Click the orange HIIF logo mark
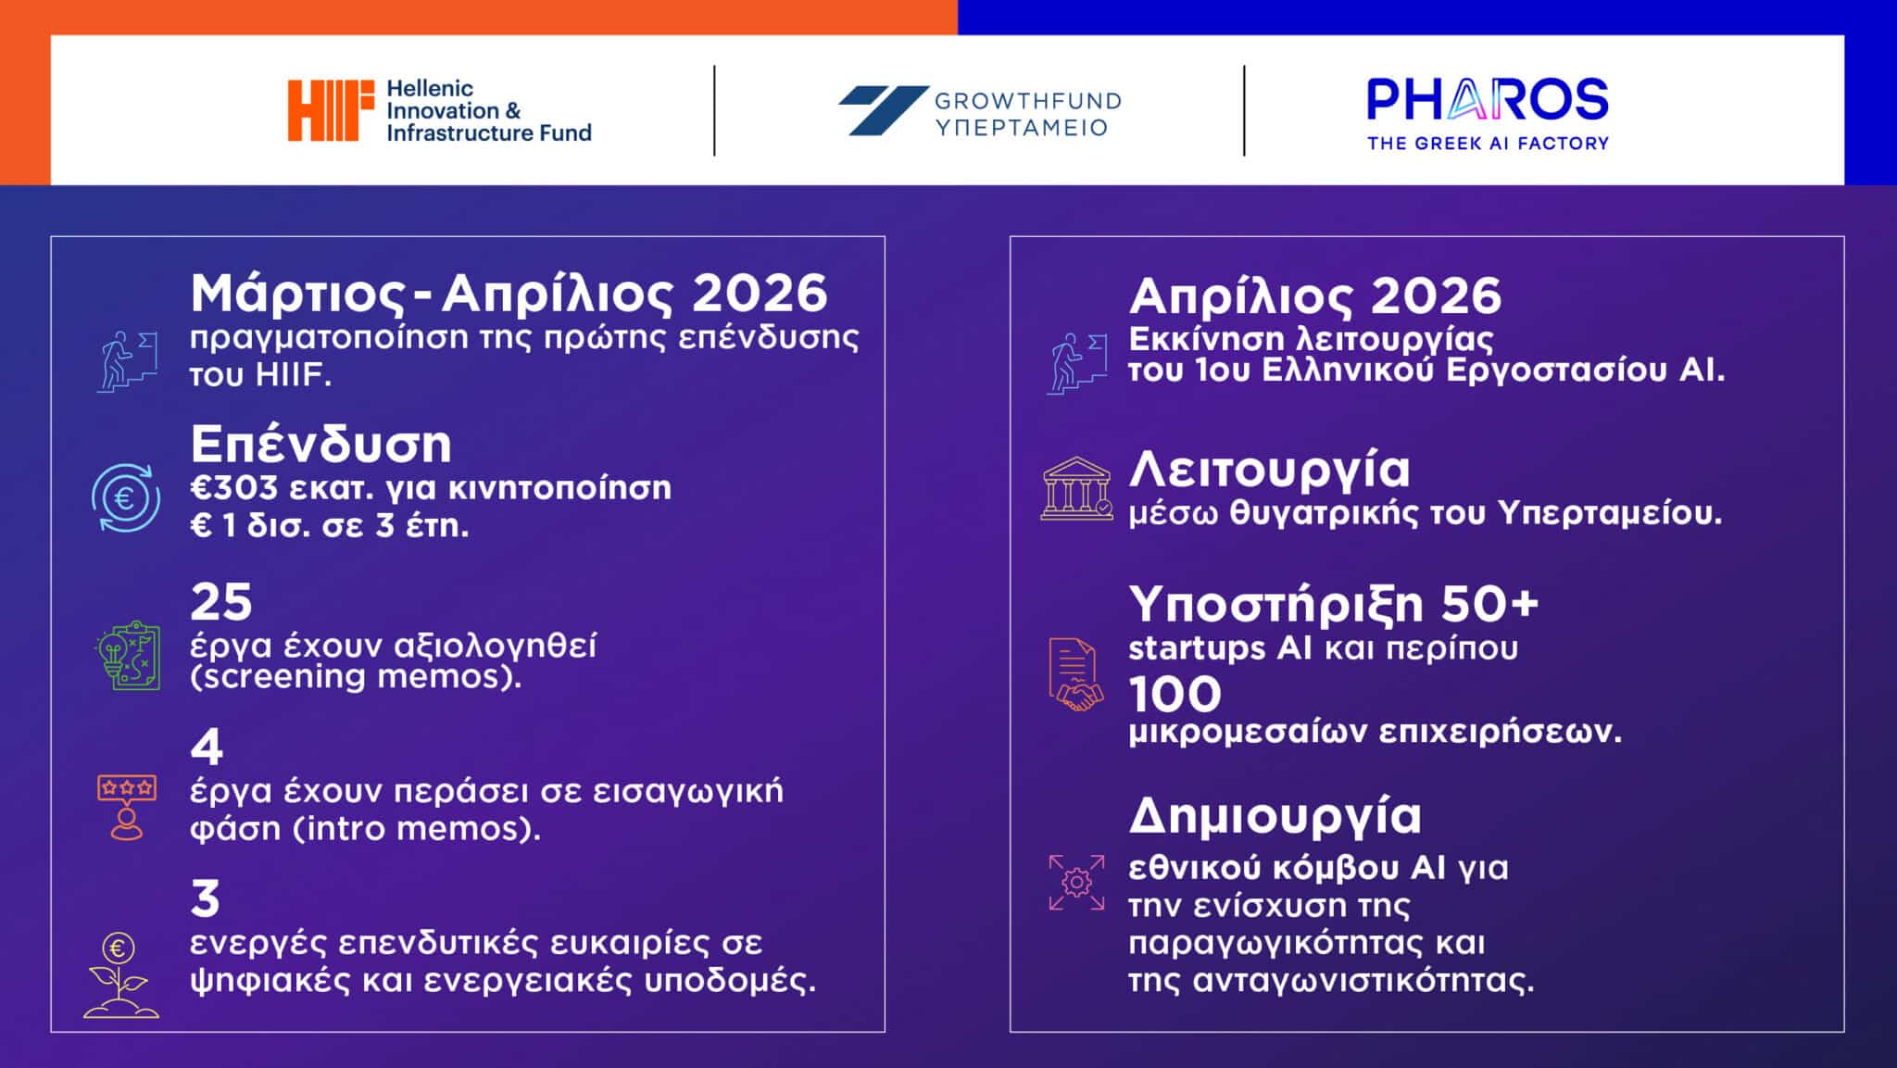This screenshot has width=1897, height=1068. [331, 110]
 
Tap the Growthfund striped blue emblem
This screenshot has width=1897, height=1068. [883, 110]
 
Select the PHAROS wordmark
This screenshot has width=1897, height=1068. [1488, 99]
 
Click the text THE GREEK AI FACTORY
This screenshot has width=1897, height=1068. [1488, 144]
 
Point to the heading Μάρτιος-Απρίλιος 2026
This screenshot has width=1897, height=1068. [509, 294]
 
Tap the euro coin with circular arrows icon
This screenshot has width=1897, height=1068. [125, 498]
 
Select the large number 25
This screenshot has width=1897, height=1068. [221, 602]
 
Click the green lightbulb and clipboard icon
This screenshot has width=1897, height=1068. [128, 656]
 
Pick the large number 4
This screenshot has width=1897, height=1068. [207, 747]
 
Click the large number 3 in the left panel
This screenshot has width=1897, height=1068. [206, 898]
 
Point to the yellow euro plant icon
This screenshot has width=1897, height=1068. [121, 975]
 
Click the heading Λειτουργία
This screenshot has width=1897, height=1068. [1269, 469]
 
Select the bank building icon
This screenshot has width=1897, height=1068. [1076, 488]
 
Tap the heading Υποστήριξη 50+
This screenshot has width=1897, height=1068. [1333, 605]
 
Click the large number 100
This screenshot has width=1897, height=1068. [1175, 694]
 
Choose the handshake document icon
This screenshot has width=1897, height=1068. [1075, 674]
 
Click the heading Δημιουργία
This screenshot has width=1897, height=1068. [1275, 816]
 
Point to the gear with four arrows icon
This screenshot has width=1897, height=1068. [1076, 882]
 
